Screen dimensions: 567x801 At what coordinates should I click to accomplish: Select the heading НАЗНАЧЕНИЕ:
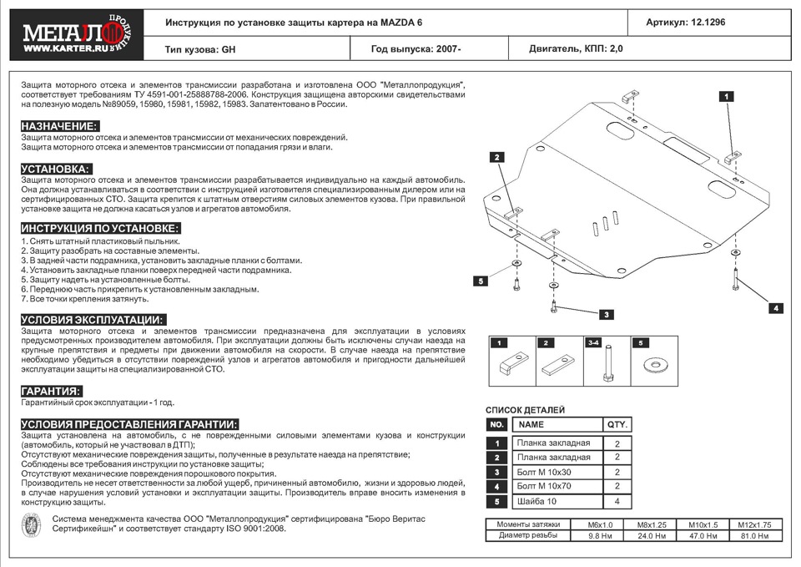tap(59, 126)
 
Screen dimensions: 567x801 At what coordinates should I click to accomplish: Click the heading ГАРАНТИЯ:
tap(51, 391)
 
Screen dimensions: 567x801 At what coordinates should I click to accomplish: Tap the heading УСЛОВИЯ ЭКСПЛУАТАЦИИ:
tap(93, 320)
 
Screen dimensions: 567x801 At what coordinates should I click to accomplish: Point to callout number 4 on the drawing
tap(775, 308)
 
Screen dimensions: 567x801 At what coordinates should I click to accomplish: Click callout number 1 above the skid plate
tap(727, 97)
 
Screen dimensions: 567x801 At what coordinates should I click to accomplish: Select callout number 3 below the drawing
tap(607, 314)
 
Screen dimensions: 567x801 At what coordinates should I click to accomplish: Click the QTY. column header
tap(617, 424)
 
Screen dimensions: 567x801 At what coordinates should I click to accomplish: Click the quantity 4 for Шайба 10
tap(617, 501)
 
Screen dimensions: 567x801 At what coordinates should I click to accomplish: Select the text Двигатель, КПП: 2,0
tap(576, 49)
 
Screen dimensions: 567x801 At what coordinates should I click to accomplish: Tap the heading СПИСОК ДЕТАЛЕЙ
tap(525, 410)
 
